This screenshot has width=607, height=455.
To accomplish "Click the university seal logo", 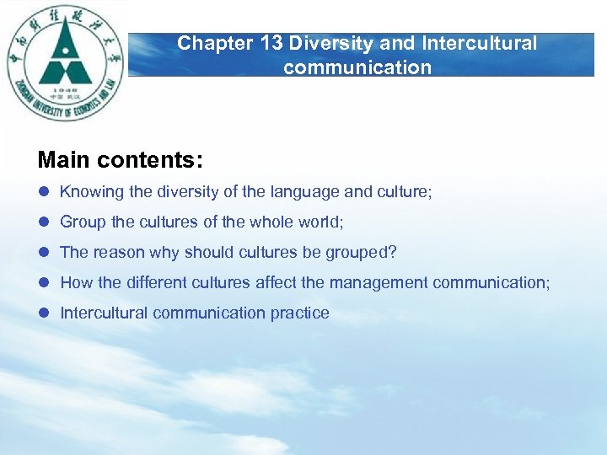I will pyautogui.click(x=65, y=63).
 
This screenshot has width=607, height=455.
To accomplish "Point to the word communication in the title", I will pyautogui.click(x=357, y=67).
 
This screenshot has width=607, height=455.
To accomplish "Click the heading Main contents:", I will pyautogui.click(x=120, y=159).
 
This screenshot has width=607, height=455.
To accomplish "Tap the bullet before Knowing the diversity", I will pyautogui.click(x=44, y=192).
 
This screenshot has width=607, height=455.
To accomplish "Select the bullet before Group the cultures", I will pyautogui.click(x=44, y=222).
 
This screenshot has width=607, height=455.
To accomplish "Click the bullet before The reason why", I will pyautogui.click(x=44, y=253).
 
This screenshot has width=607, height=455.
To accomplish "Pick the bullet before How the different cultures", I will pyautogui.click(x=44, y=283).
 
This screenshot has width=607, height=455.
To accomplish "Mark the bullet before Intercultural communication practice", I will pyautogui.click(x=44, y=313).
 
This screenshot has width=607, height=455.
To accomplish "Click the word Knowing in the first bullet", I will pyautogui.click(x=92, y=192).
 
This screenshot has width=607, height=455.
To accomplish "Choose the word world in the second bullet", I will pyautogui.click(x=320, y=222).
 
